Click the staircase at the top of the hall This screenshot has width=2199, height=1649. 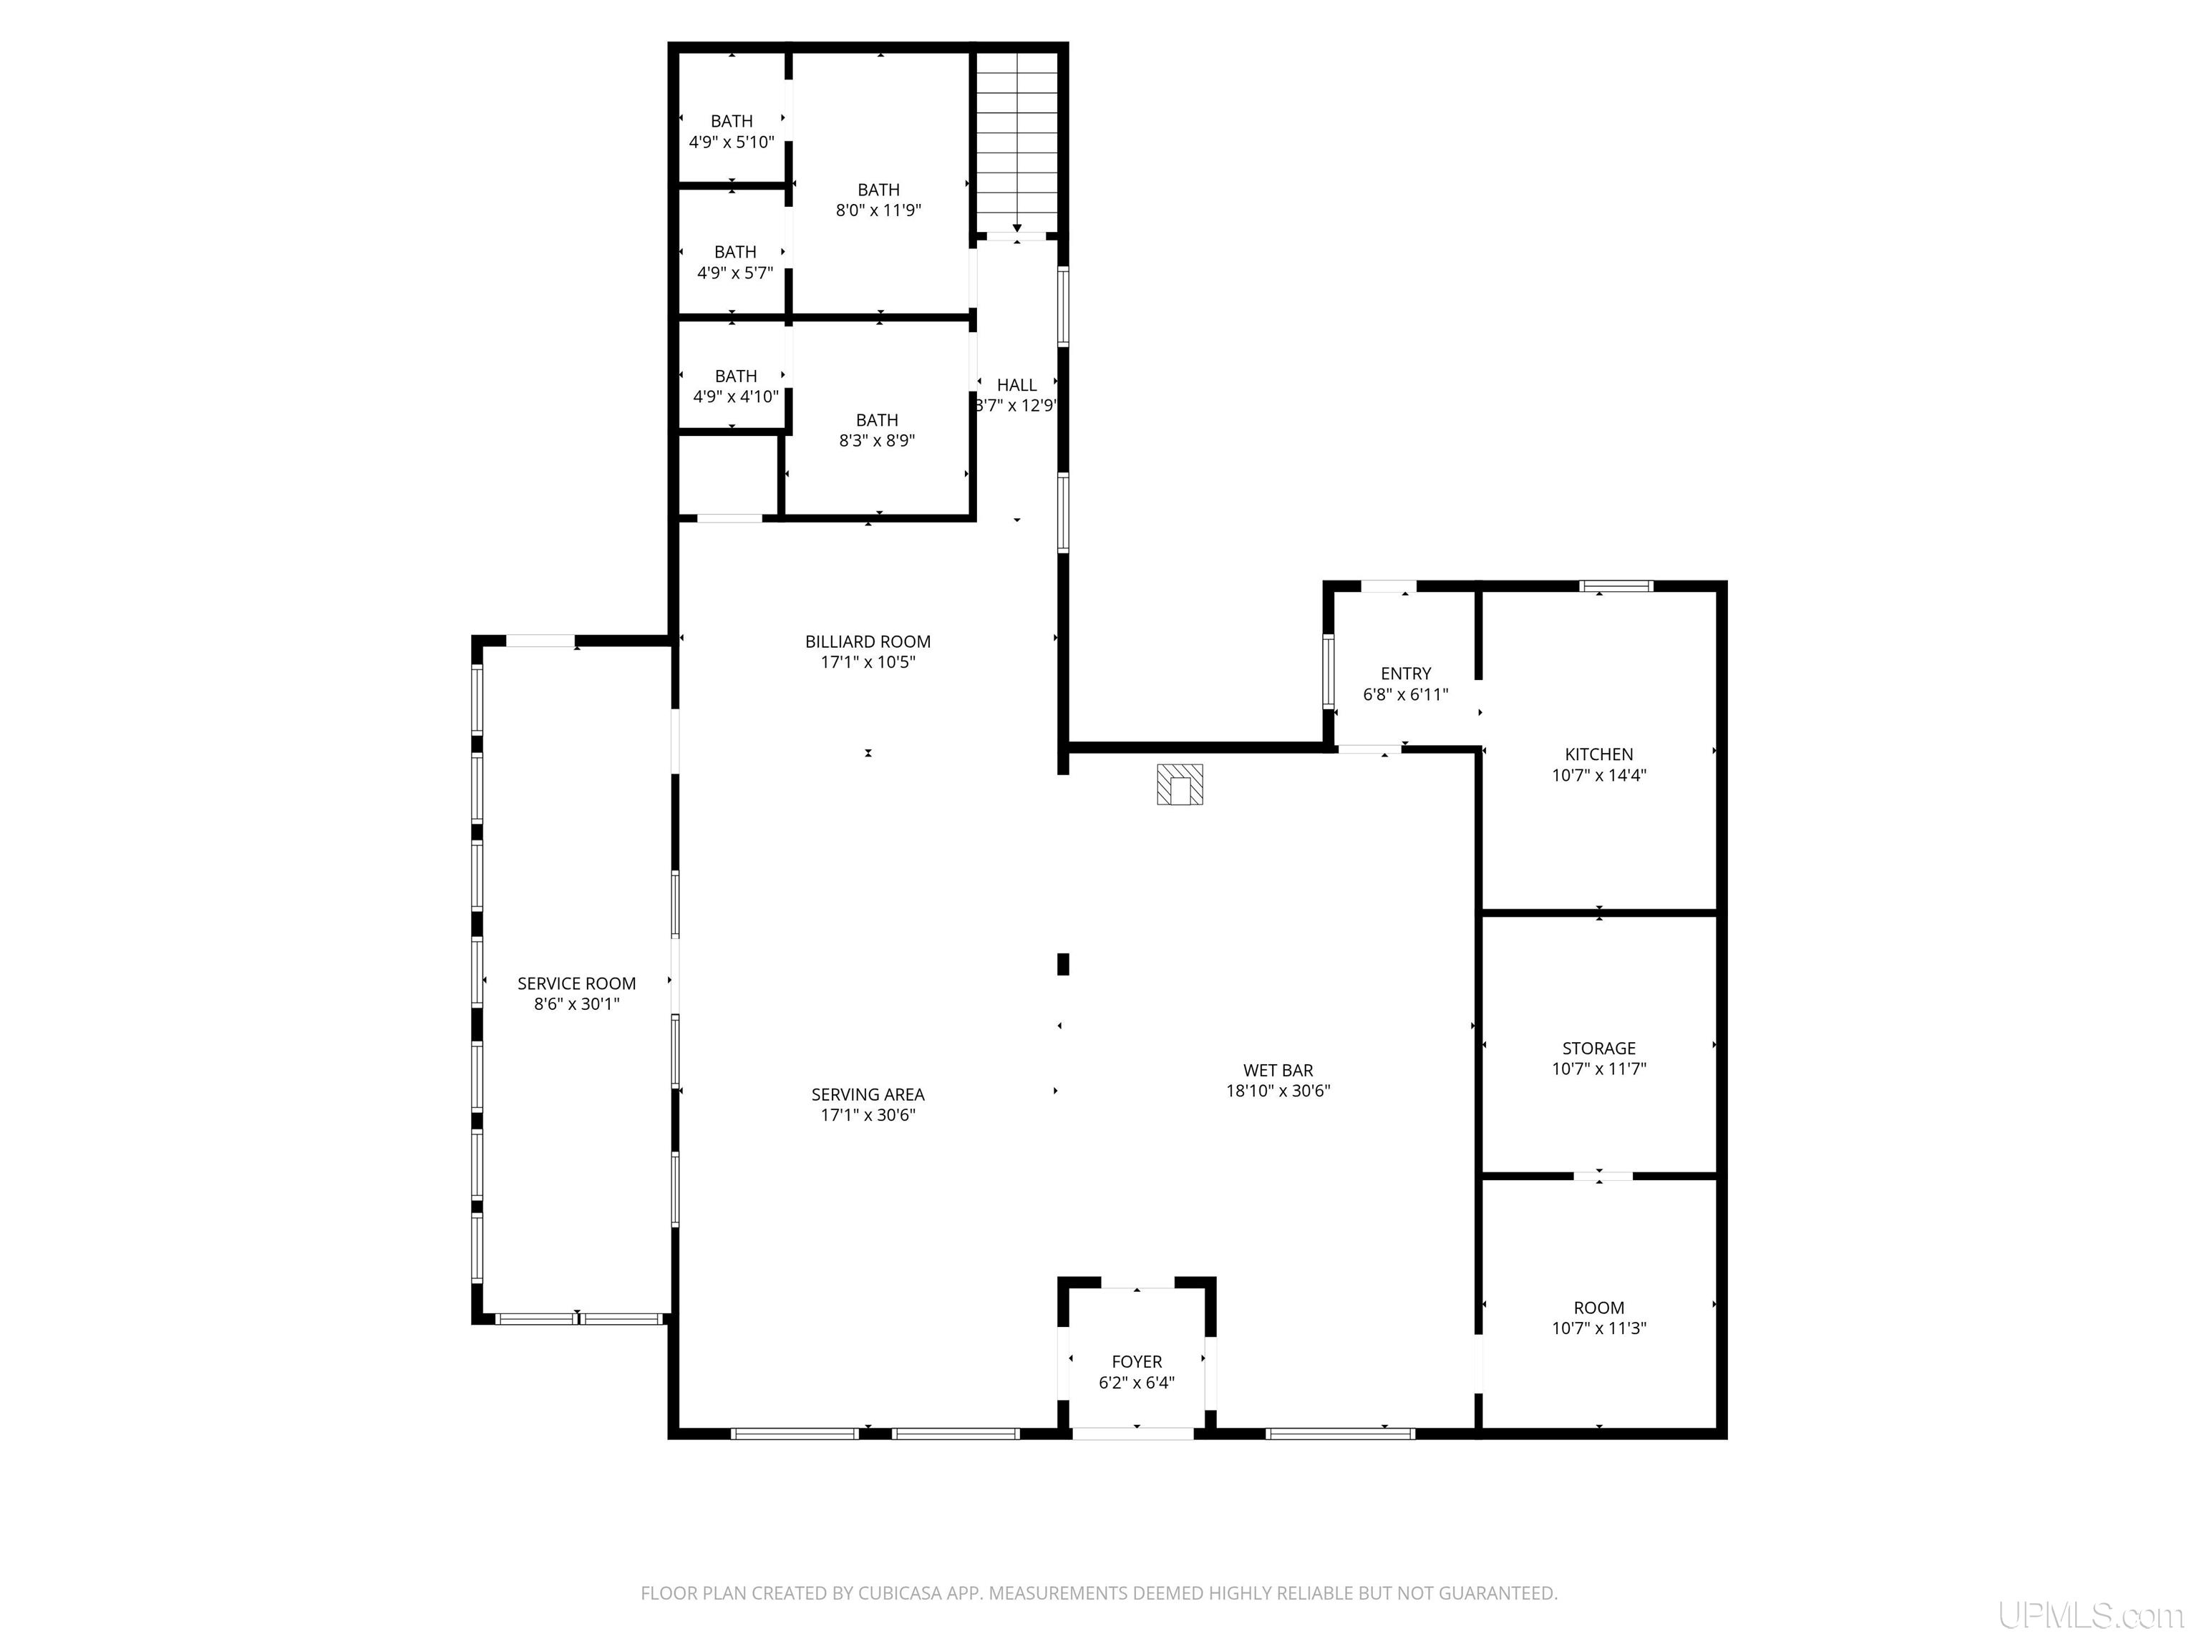pyautogui.click(x=1017, y=141)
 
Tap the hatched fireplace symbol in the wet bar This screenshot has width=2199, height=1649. pyautogui.click(x=1180, y=784)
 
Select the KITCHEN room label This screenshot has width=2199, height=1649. pyautogui.click(x=1598, y=754)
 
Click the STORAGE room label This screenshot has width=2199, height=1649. pyautogui.click(x=1598, y=1048)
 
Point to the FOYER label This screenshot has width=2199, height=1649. pyautogui.click(x=1136, y=1362)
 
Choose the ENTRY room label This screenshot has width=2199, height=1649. pyautogui.click(x=1406, y=674)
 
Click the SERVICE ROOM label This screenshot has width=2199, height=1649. pyautogui.click(x=576, y=983)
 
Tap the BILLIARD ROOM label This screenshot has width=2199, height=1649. pyautogui.click(x=868, y=642)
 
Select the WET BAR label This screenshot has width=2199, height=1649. pyautogui.click(x=1278, y=1071)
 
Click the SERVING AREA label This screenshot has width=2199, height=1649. pyautogui.click(x=868, y=1094)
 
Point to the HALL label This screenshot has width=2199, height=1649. pyautogui.click(x=1017, y=384)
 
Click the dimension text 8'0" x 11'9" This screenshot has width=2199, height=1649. pyautogui.click(x=879, y=210)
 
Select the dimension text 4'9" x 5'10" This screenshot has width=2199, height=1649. pyautogui.click(x=732, y=142)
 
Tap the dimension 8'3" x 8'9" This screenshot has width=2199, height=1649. pyautogui.click(x=877, y=440)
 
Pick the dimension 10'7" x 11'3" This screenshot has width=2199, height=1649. pyautogui.click(x=1598, y=1328)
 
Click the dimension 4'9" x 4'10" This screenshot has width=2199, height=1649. pyautogui.click(x=736, y=397)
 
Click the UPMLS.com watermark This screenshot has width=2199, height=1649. pyautogui.click(x=2091, y=1616)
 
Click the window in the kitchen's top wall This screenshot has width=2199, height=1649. pyautogui.click(x=1616, y=585)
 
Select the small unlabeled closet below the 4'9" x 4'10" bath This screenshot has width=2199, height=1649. pyautogui.click(x=728, y=475)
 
